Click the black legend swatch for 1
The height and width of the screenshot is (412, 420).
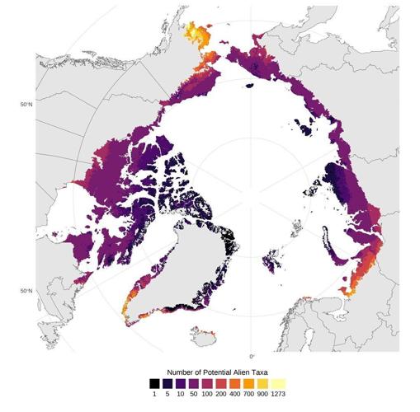pyautogui.click(x=155, y=383)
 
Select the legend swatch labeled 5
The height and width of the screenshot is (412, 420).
pyautogui.click(x=168, y=383)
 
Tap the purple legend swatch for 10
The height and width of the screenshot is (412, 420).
pyautogui.click(x=180, y=383)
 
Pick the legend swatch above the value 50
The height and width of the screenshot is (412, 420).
pyautogui.click(x=192, y=383)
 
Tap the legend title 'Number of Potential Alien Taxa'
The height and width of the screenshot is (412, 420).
pyautogui.click(x=216, y=371)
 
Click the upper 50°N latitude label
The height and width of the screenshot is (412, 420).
pyautogui.click(x=26, y=105)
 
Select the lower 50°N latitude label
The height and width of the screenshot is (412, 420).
pyautogui.click(x=26, y=290)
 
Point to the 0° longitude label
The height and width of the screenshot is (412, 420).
pyautogui.click(x=252, y=356)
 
